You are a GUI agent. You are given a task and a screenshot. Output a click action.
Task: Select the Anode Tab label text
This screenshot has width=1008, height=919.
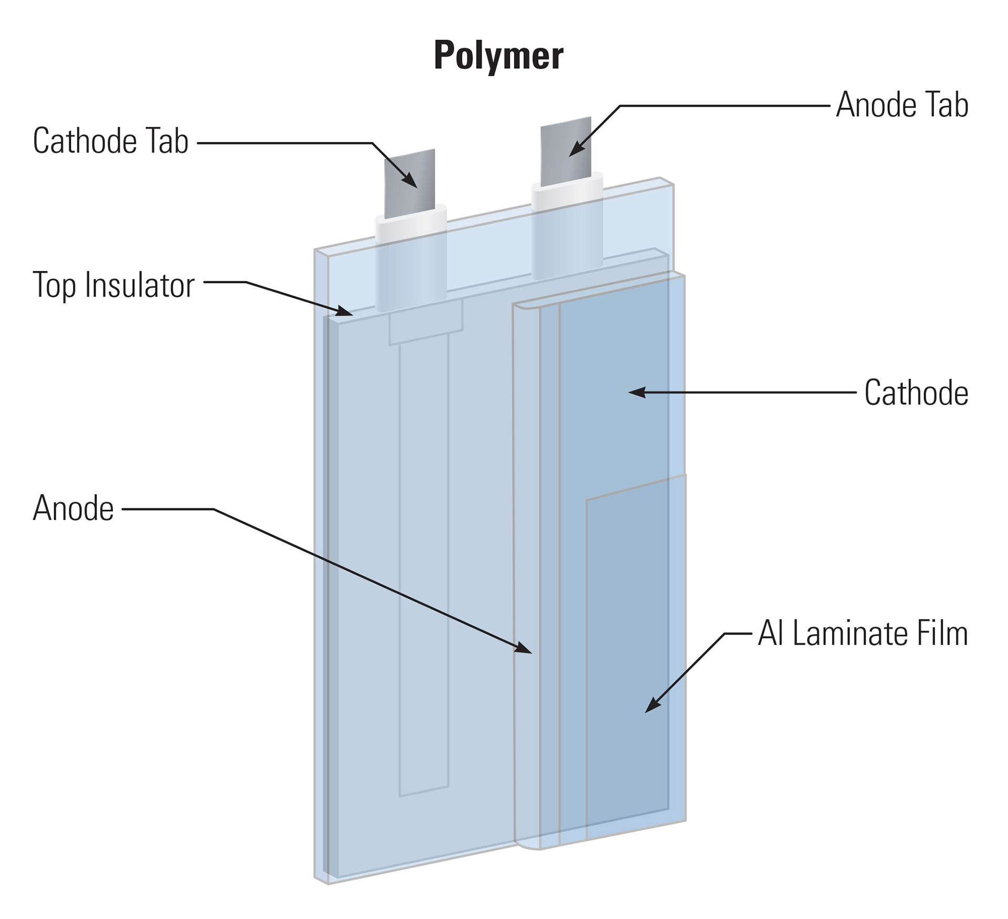pos(902,105)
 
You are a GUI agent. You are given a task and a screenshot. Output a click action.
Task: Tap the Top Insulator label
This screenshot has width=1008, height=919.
pos(113,285)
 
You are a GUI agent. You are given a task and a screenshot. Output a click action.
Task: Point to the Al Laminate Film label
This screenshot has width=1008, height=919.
pos(863,633)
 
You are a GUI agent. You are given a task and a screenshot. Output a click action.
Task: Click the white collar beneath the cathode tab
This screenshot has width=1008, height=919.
pos(411,223)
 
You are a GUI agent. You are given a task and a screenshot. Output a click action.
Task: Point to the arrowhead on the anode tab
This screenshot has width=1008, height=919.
pos(575,149)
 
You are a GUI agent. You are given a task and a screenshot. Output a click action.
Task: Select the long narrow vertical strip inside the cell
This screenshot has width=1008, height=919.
pos(424,567)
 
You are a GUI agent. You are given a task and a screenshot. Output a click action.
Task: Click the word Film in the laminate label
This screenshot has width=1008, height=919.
pos(942,633)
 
